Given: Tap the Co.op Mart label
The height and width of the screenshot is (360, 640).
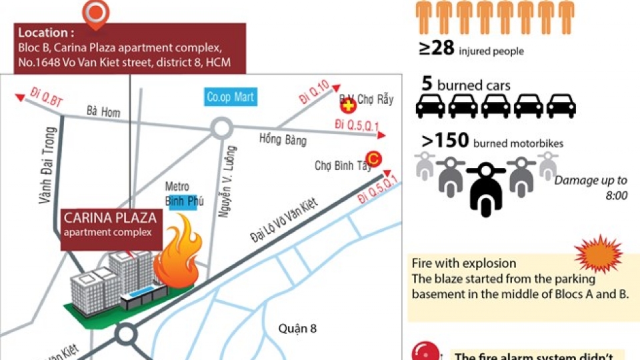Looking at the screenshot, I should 230,97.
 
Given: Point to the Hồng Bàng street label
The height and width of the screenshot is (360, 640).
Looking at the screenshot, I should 283,140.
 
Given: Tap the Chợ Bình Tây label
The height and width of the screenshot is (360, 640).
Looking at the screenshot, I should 343,166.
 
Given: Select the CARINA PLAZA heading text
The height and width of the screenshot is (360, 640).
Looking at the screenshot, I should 110,218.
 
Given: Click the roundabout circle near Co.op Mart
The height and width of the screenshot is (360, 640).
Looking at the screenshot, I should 221,127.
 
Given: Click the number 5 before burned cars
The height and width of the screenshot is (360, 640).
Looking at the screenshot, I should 427,84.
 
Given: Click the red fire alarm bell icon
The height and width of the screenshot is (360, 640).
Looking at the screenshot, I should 427,351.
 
